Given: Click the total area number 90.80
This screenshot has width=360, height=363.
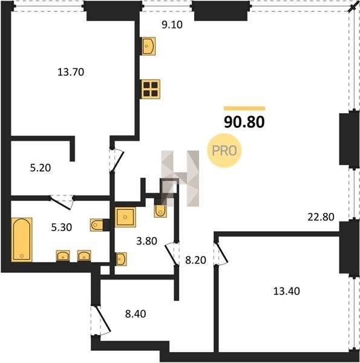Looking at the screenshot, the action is tap(244, 122).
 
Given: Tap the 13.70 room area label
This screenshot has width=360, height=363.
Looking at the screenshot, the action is tap(71, 72).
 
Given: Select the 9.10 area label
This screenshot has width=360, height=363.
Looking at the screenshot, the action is tap(172, 25).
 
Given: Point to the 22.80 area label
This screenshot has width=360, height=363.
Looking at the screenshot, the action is tap(321, 217).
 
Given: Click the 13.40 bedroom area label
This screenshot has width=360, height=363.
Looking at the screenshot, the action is tap(287, 291).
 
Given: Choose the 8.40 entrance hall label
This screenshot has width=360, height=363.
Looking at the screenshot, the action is tap(136, 314).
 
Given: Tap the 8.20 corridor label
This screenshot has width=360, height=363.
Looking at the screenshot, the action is tap(195, 260).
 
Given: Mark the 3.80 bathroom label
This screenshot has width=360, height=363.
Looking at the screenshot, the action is tap(147, 241).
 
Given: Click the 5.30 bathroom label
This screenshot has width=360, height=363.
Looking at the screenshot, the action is tap(62, 227).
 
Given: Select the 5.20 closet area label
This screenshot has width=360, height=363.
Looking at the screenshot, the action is tap(41, 168).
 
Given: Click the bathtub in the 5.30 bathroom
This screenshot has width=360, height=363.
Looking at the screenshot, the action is tap(22, 240).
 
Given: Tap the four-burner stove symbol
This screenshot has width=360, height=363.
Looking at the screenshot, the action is tap(151, 89).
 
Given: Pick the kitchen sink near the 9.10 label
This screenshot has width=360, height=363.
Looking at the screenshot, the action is tap(148, 46).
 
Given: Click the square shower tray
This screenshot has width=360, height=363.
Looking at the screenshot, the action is tap(125, 217).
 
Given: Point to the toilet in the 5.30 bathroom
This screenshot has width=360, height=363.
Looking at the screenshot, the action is tap(97, 225).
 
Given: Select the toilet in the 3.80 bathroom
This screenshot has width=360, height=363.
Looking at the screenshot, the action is tap(160, 211).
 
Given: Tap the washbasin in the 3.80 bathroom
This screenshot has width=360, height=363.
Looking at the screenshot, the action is tap(121, 259).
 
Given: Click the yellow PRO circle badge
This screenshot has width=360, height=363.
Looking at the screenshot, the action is tap(224, 151).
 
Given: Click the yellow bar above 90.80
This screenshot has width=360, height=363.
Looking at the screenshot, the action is tap(244, 108).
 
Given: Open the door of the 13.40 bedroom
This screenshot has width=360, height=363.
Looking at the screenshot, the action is tap(222, 253).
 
